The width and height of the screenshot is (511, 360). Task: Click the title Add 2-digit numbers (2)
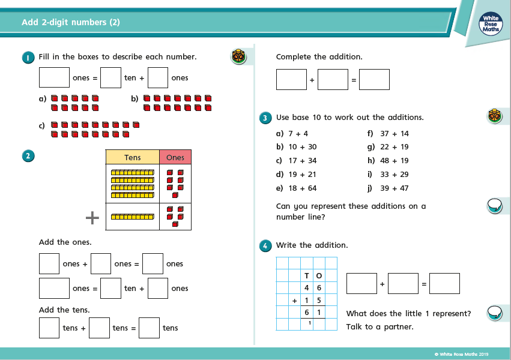[x=71, y=22]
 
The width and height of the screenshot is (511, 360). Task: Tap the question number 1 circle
[x=28, y=57]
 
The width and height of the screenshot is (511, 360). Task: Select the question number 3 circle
[x=265, y=118]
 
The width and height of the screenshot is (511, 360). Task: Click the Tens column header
[x=133, y=157]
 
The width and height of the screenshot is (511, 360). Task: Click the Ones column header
[x=175, y=157]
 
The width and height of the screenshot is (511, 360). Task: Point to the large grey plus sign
[x=92, y=217]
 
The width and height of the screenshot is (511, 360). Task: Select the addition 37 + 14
[x=395, y=134]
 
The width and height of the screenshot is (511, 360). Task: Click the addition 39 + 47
[x=395, y=188]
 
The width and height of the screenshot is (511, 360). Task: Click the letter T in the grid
[x=307, y=276]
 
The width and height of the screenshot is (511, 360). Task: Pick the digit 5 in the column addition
[x=319, y=300]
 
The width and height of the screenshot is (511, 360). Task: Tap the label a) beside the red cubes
[x=42, y=98]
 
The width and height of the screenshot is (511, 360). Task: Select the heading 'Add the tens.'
[x=64, y=310]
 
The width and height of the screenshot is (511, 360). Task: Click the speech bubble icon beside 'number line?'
[x=494, y=206]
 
